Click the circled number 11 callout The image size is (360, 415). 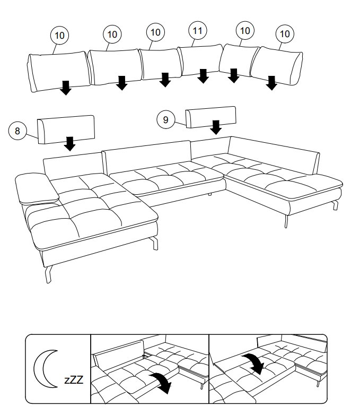point(197,31)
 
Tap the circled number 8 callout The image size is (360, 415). point(17,130)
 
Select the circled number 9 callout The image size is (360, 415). point(165,120)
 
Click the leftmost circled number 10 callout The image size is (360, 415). point(59,36)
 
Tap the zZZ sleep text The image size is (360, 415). point(74,380)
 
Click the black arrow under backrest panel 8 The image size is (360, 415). point(69,143)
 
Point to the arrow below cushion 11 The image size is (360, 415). point(203,76)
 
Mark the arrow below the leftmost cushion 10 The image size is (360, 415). point(65,88)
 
